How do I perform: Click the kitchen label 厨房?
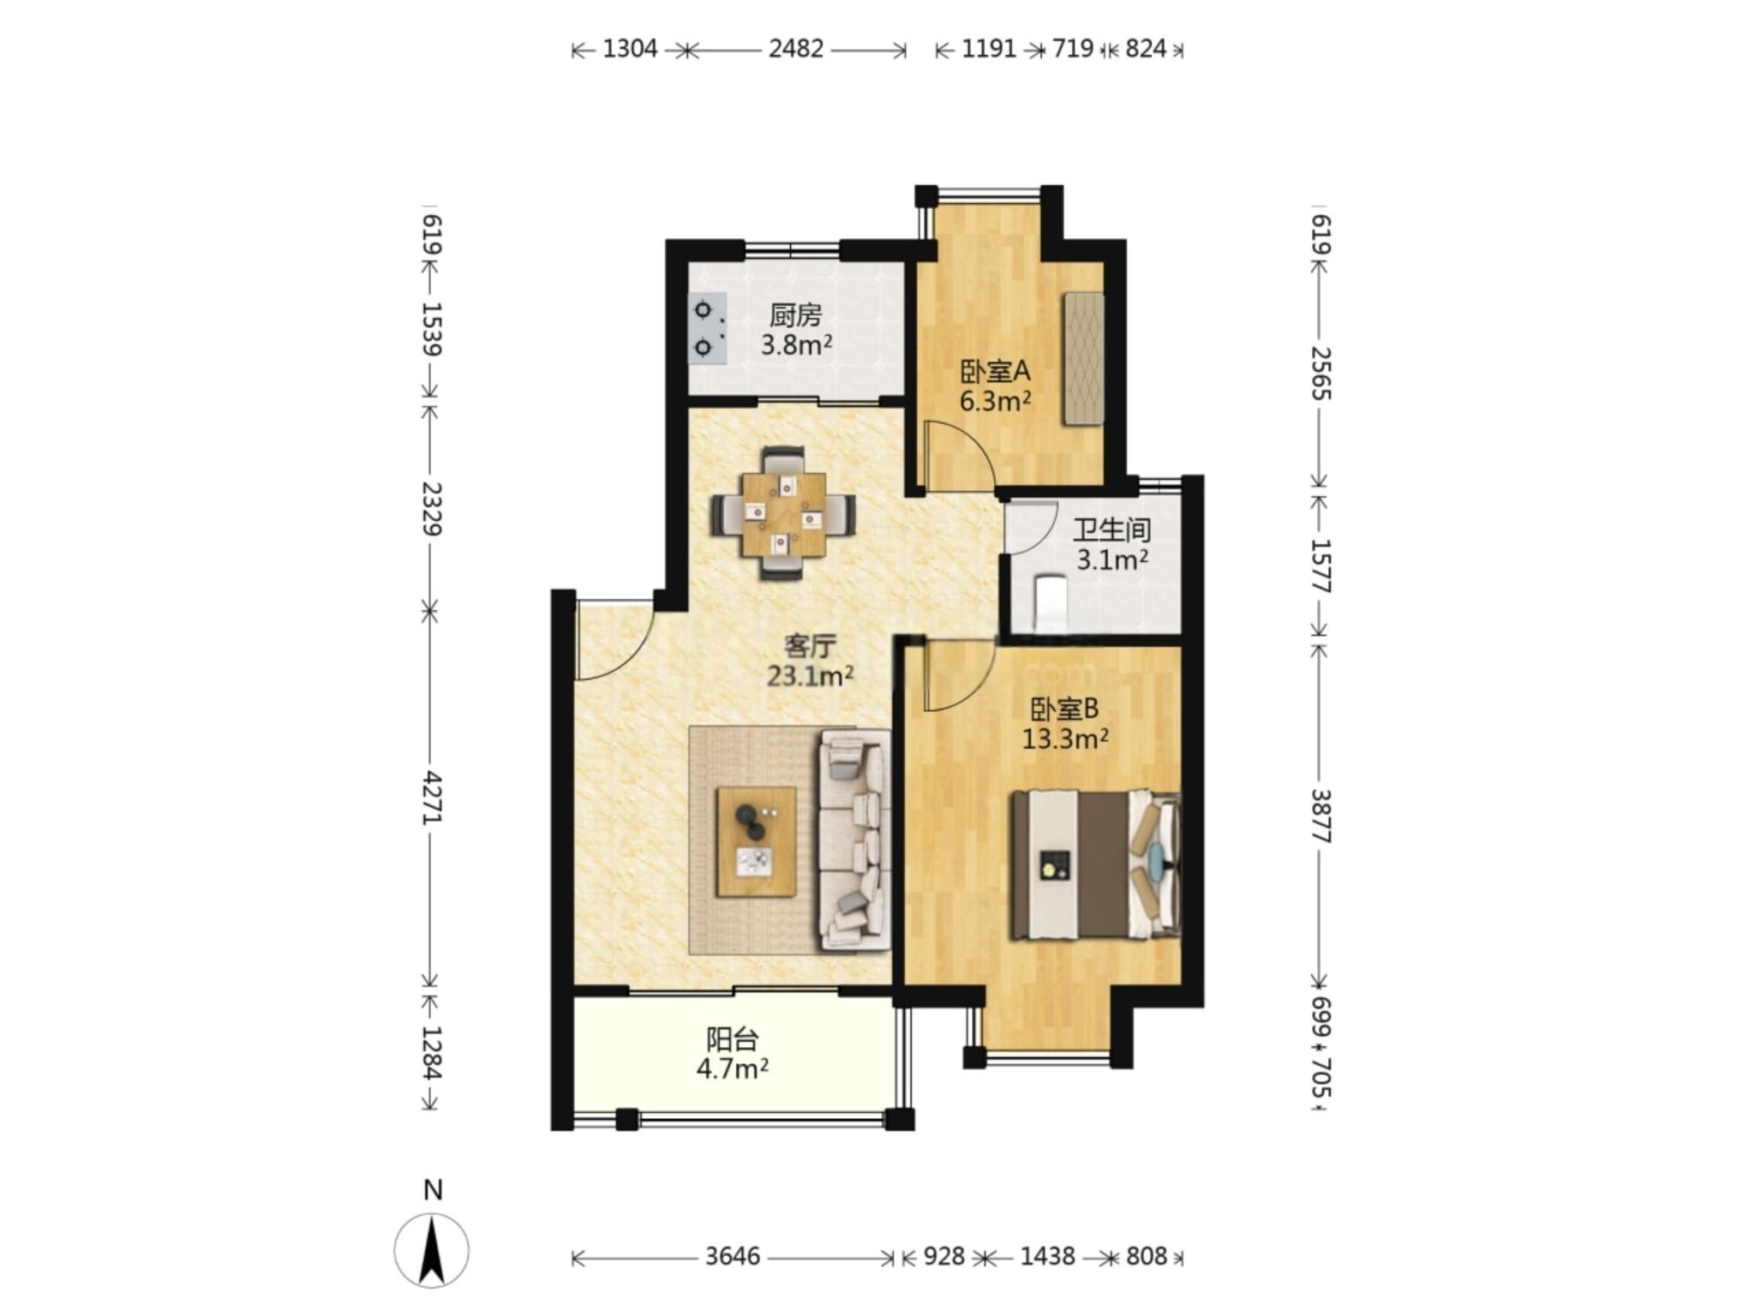coord(795,316)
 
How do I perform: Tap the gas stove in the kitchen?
coord(709,330)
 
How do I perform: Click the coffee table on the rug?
coord(756,841)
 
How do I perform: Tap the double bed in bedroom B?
coord(1096,864)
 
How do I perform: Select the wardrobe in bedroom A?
coord(1083,359)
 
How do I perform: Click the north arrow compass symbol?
coord(432,1249)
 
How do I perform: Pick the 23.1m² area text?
coord(810,677)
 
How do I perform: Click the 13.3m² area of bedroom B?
coord(1065,739)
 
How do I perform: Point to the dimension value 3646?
coord(733,1256)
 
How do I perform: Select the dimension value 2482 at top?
coord(795,49)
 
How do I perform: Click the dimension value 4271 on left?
coord(432,797)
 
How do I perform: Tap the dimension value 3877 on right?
coord(1321,816)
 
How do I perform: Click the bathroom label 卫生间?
coord(1111,530)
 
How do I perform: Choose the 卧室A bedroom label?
coord(994,372)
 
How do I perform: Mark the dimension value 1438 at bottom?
coord(1047,1256)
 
